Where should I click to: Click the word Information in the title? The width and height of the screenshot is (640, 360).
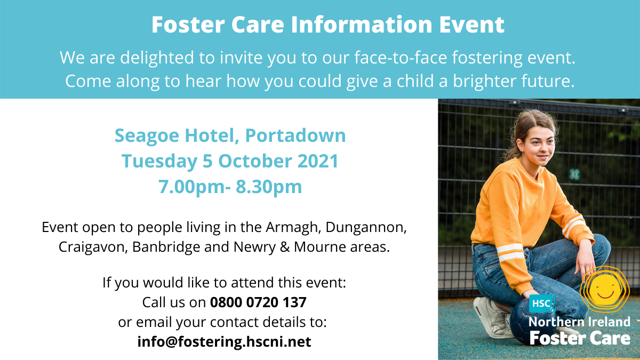(x=362, y=25)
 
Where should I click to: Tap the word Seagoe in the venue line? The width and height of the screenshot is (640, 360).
(x=147, y=135)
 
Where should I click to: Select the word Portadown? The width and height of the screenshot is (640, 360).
(x=295, y=135)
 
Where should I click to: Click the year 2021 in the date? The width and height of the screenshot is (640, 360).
(x=318, y=161)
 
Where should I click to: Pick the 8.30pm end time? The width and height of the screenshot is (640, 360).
(x=269, y=187)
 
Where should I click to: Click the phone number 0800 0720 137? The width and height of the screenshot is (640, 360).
(x=258, y=302)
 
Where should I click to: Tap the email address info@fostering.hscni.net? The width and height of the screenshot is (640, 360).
(x=225, y=342)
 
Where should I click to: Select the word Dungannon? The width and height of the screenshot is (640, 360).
(x=366, y=227)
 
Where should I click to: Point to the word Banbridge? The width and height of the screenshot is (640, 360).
(x=166, y=247)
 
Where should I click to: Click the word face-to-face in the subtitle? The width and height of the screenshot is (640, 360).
(x=401, y=58)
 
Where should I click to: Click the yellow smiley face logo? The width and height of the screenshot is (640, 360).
(x=605, y=290)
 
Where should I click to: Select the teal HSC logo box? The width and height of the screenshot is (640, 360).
(x=542, y=303)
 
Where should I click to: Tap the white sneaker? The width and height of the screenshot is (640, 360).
(x=491, y=317)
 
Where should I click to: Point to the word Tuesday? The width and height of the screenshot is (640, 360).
(x=159, y=162)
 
